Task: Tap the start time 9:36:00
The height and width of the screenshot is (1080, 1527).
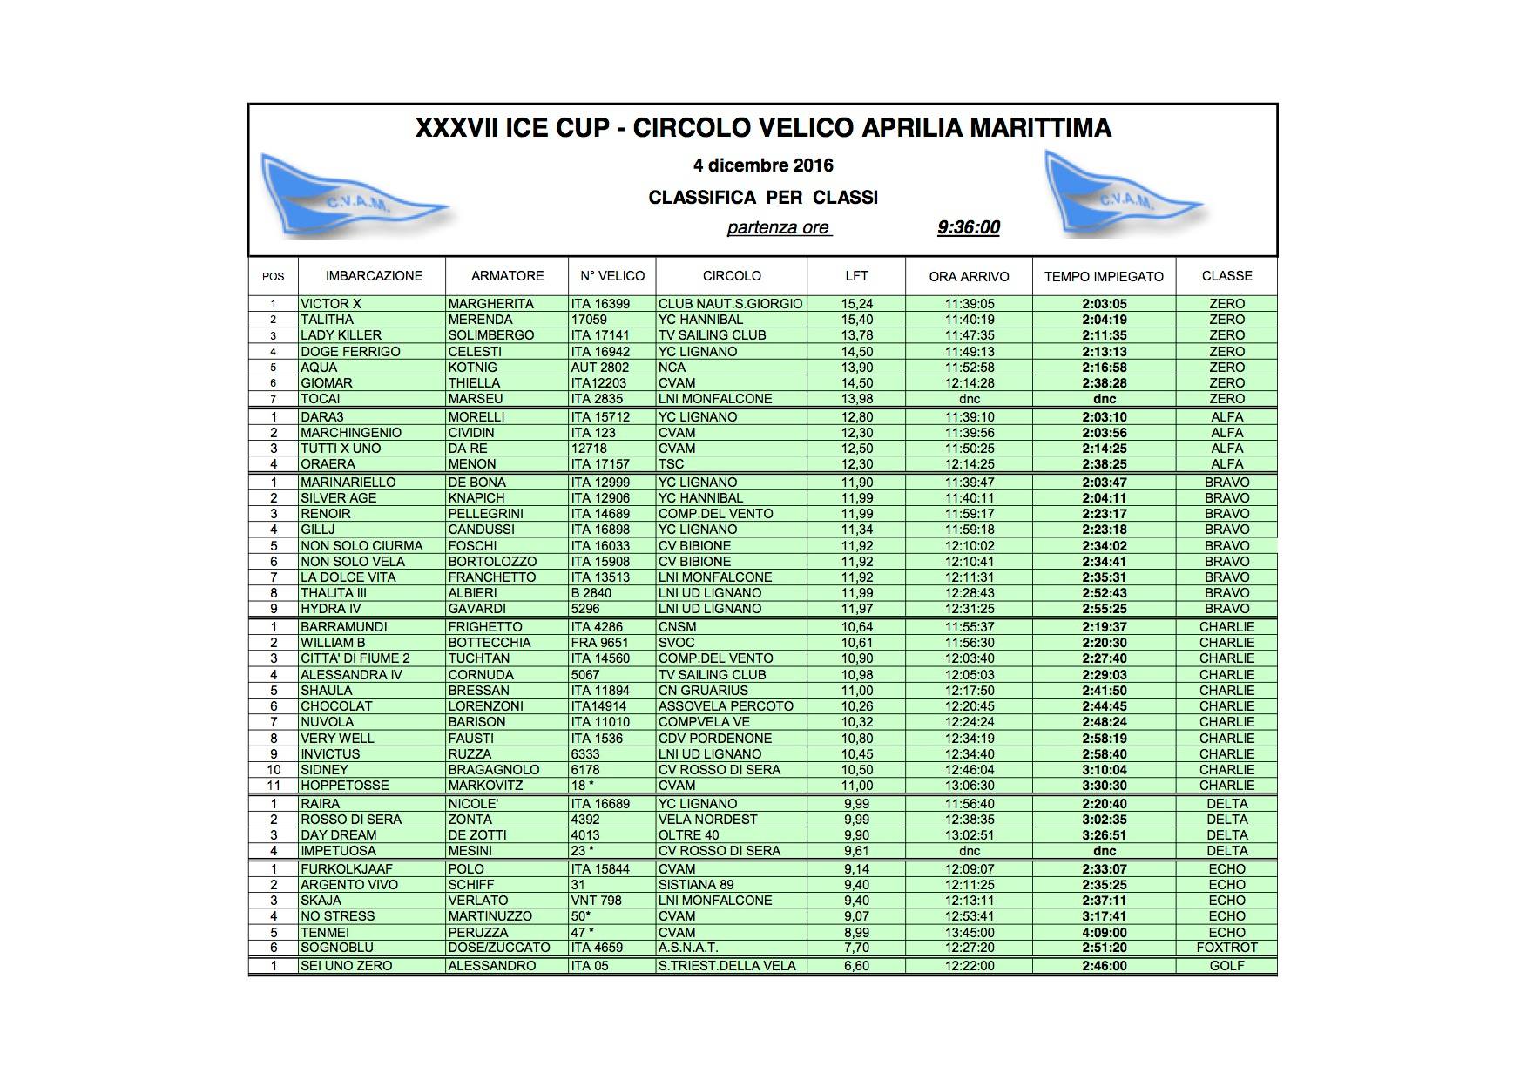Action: pos(968,228)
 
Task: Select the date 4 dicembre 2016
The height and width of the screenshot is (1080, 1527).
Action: pos(763,165)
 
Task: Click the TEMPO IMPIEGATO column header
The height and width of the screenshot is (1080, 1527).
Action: pos(1104,276)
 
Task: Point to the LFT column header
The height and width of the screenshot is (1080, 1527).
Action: pos(856,276)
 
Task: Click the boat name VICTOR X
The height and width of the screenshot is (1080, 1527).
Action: pos(331,304)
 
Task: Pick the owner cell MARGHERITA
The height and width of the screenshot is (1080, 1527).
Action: pos(480,304)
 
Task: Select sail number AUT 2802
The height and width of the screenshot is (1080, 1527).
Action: pos(600,368)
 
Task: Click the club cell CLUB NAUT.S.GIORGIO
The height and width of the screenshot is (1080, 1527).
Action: pos(730,304)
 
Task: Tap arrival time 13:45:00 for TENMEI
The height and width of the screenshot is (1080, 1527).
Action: pos(969,933)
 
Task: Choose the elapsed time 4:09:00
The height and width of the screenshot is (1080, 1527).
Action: pos(1104,933)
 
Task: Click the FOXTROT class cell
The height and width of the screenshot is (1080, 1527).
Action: pos(1226,948)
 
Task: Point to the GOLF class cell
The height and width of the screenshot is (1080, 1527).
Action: pos(1226,966)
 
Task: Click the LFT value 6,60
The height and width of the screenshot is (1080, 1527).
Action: pos(856,966)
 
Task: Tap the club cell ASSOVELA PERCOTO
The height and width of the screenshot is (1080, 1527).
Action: pos(726,706)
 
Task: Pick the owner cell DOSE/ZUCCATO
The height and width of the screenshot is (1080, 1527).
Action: pos(499,948)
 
